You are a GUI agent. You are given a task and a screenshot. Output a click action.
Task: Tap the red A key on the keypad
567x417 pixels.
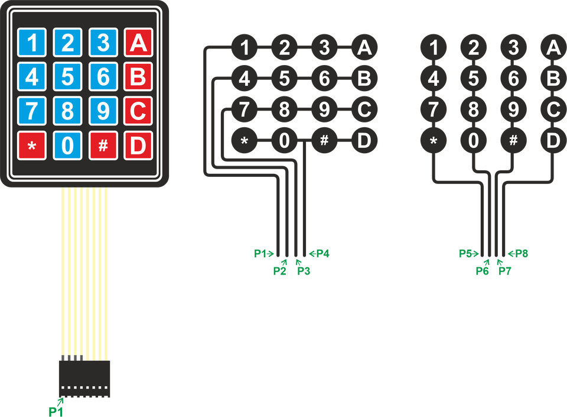(x=138, y=43)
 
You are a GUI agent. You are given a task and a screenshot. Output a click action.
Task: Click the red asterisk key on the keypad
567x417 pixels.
(x=32, y=146)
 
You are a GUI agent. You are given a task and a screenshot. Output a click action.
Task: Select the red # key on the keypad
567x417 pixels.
(x=103, y=146)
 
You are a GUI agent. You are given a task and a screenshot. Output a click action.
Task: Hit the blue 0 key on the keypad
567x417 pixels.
(x=67, y=146)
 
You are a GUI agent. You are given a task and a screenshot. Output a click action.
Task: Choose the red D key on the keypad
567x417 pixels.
(x=138, y=146)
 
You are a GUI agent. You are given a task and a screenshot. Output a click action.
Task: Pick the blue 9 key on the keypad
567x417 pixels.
(x=103, y=111)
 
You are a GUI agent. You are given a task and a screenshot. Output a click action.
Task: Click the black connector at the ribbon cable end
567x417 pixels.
(x=84, y=379)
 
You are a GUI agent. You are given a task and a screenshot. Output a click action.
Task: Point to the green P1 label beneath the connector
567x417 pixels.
(x=56, y=412)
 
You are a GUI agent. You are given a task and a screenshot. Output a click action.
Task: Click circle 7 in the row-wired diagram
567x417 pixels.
(x=245, y=109)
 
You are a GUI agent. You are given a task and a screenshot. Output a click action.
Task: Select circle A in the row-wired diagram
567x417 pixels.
(x=364, y=47)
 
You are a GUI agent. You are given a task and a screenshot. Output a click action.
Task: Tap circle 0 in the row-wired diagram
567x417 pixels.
(x=284, y=140)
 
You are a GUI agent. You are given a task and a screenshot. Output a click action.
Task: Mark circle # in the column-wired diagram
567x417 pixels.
(x=513, y=140)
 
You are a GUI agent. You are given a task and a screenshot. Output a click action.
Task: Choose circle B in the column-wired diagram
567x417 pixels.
(x=553, y=79)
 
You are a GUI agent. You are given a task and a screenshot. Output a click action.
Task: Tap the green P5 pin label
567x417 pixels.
(x=466, y=254)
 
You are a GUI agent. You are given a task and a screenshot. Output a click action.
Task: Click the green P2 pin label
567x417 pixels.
(x=280, y=271)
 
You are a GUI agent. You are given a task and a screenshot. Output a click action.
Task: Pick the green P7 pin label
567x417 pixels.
(x=505, y=271)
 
